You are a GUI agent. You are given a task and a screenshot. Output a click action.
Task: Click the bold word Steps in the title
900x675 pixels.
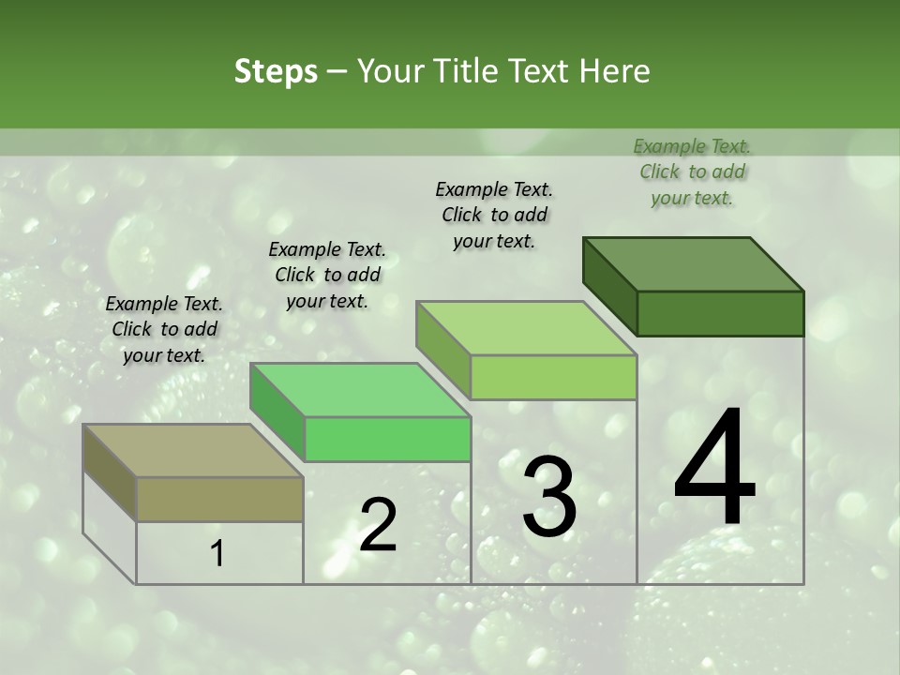(x=275, y=71)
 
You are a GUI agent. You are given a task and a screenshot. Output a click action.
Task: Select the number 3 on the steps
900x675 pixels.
(x=548, y=496)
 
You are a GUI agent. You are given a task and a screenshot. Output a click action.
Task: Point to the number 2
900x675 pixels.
(x=378, y=525)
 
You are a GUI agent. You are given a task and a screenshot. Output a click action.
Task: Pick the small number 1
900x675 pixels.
(x=217, y=554)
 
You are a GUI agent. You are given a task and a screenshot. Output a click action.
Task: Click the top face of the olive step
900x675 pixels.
(x=192, y=451)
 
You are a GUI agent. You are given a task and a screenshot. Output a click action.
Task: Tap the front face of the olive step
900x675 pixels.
(x=219, y=499)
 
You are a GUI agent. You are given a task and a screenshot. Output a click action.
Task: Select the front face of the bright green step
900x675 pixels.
(x=387, y=439)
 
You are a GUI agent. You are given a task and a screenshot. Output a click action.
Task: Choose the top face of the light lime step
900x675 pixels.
(x=526, y=328)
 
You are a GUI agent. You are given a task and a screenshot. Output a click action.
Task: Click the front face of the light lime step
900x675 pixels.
(x=553, y=377)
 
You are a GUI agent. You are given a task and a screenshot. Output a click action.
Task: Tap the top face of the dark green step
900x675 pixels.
(x=693, y=264)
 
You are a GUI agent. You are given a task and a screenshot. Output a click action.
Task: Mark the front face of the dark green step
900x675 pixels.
(x=720, y=313)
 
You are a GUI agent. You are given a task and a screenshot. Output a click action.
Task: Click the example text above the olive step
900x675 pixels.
(x=164, y=329)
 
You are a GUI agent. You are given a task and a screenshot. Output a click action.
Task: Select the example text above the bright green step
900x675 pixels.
(x=327, y=275)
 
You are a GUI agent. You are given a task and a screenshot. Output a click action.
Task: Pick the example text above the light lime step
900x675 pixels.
(x=494, y=215)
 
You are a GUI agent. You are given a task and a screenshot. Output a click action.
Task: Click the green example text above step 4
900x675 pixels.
(x=692, y=172)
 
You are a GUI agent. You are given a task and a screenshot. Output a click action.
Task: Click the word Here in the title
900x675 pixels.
(x=615, y=71)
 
